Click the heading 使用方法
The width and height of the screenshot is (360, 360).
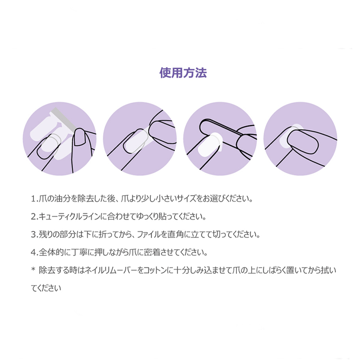(183, 73)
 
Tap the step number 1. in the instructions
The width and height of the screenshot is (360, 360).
(34, 199)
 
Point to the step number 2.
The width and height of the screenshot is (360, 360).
(34, 217)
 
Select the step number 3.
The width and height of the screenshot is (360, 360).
(34, 235)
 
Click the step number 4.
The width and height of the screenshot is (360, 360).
(34, 252)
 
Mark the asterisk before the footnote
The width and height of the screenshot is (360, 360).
(33, 269)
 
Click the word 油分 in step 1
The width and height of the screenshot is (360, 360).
(55, 199)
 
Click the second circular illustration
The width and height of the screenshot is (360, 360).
(140, 138)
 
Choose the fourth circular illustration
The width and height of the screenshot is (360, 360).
(300, 138)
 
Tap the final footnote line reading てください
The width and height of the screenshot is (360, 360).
(46, 287)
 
